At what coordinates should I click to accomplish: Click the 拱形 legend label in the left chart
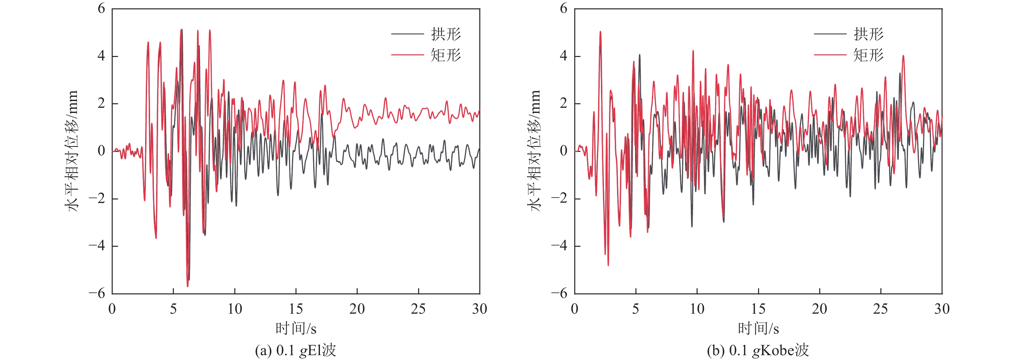click(446, 34)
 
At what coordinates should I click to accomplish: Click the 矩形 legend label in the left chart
click(446, 55)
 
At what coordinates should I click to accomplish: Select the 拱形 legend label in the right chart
click(868, 34)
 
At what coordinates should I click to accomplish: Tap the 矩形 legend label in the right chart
click(868, 55)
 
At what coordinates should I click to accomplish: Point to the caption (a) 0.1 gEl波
click(296, 350)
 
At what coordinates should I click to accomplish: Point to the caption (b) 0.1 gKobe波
click(758, 350)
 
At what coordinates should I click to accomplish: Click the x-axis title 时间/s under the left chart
click(296, 328)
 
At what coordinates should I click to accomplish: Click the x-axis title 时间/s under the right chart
click(758, 328)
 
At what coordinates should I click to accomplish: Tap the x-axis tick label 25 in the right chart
click(880, 309)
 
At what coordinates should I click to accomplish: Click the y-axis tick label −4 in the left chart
click(97, 246)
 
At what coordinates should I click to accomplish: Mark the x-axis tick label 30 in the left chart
click(479, 309)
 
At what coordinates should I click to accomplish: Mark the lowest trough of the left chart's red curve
click(187, 286)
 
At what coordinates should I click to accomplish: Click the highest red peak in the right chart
click(600, 32)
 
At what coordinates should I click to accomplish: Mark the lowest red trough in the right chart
click(608, 265)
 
